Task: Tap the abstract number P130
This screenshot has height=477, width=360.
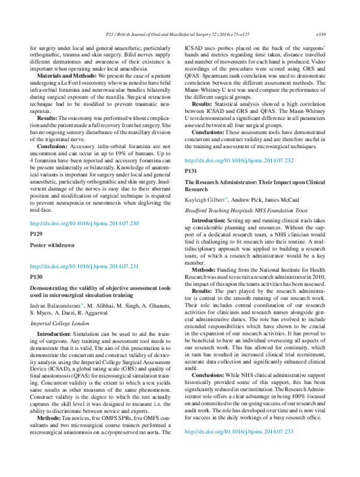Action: click(37, 277)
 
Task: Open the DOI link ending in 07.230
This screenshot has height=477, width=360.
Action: click(84, 223)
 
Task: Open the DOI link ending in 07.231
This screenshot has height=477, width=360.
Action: click(84, 266)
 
